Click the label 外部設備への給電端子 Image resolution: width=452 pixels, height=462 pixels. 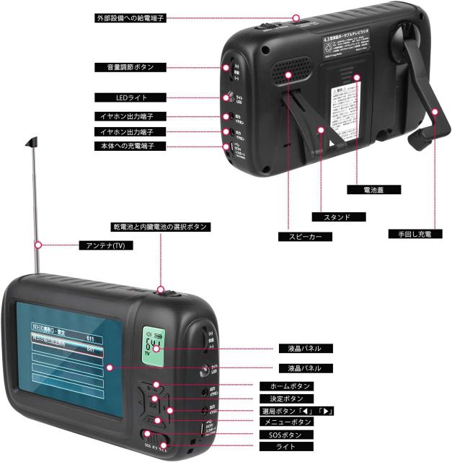point(131,18)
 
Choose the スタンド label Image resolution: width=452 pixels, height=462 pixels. point(339,217)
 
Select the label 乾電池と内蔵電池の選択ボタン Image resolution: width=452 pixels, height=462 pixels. point(161,227)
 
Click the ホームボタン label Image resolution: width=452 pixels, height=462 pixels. point(285,386)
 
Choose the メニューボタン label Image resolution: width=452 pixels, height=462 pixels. point(285,422)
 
